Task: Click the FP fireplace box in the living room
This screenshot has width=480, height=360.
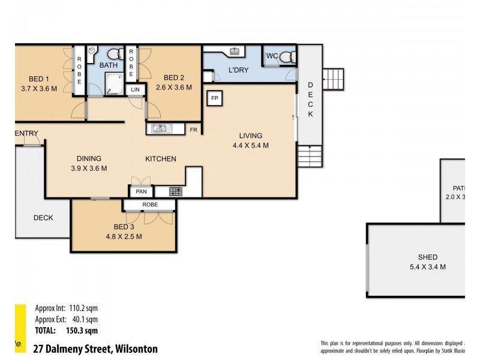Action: pyautogui.click(x=214, y=98)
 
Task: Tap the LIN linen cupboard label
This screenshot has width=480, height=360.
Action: pyautogui.click(x=136, y=90)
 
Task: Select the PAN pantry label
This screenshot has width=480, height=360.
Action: pyautogui.click(x=142, y=192)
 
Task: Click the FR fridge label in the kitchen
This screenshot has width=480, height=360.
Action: pyautogui.click(x=193, y=129)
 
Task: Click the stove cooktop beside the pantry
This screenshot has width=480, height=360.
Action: pyautogui.click(x=176, y=192)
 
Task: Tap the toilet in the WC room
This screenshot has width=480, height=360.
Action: pyautogui.click(x=287, y=58)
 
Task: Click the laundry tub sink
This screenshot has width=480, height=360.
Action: pyautogui.click(x=236, y=51)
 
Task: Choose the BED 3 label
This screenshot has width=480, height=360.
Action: pyautogui.click(x=124, y=227)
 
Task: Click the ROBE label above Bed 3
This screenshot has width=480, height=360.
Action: pyautogui.click(x=149, y=205)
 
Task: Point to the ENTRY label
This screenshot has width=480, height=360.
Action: pyautogui.click(x=27, y=133)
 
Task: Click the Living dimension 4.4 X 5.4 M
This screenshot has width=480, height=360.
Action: pyautogui.click(x=250, y=145)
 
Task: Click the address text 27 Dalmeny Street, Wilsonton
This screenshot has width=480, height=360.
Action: pyautogui.click(x=95, y=349)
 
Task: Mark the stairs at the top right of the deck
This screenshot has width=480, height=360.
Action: pyautogui.click(x=334, y=79)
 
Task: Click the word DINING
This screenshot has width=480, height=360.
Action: pyautogui.click(x=88, y=158)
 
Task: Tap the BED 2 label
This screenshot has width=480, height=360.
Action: pyautogui.click(x=173, y=77)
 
